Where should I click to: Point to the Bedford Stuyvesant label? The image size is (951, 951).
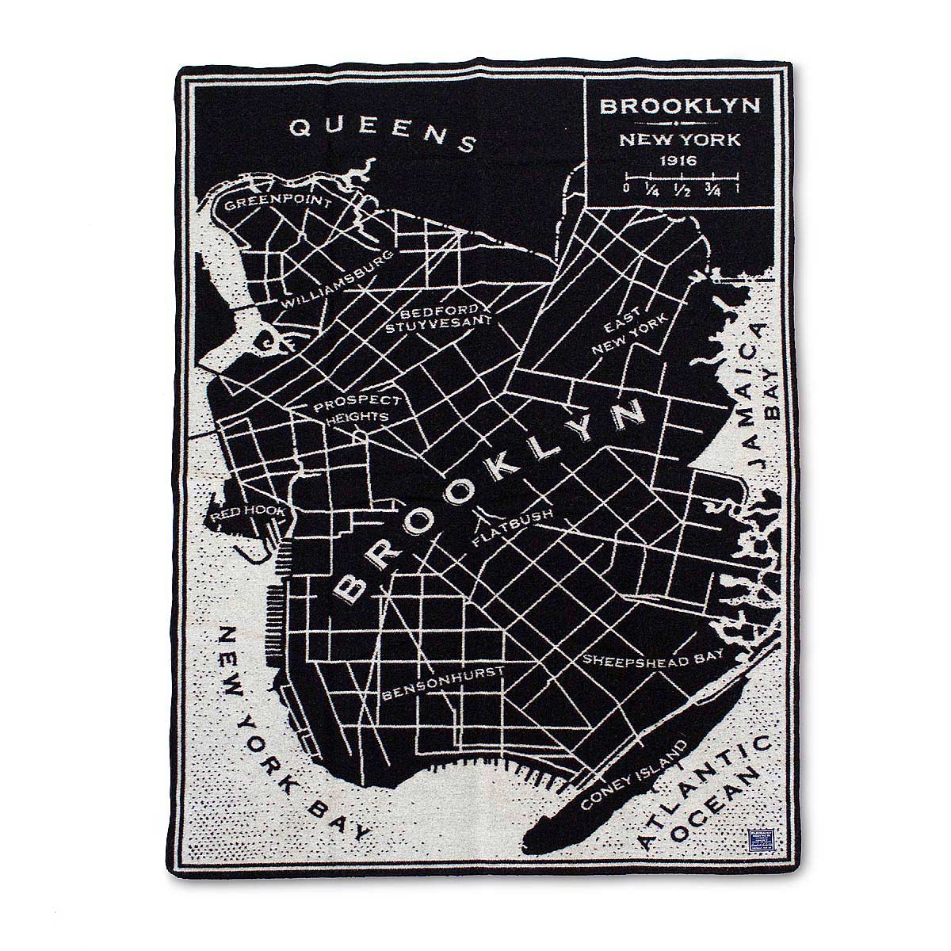(440, 317)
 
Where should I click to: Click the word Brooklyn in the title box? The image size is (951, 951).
(680, 105)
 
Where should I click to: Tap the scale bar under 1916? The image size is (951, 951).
(681, 176)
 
